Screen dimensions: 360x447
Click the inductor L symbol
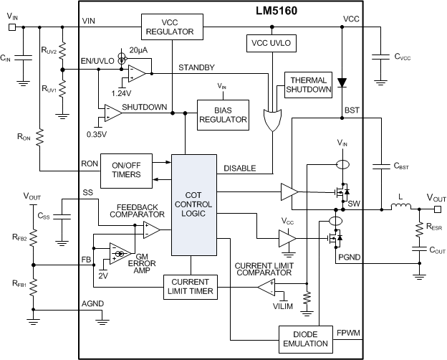(400, 209)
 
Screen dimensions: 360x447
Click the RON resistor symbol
(39, 136)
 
